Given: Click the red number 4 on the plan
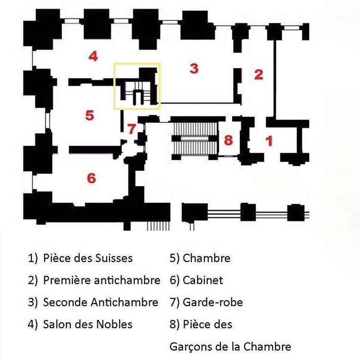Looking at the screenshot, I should coord(93,56).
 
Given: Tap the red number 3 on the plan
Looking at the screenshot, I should coord(194,68).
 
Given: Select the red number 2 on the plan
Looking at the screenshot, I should coord(258,74).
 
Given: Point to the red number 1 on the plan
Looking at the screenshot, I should coord(269,141).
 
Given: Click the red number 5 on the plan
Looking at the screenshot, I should coord(90,115).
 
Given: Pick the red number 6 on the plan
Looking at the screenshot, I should coord(92,178).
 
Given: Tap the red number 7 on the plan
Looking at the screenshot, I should coord(131,128).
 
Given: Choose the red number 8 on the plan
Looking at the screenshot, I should coord(228,140).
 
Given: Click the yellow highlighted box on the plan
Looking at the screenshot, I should coord(137,86).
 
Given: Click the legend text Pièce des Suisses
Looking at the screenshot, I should coord(88,258).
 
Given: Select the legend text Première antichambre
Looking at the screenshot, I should coord(102,280).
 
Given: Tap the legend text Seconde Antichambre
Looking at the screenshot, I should coord(101,302).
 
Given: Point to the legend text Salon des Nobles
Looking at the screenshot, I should coord(88,324).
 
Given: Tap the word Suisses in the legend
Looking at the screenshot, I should coord(113,258).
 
